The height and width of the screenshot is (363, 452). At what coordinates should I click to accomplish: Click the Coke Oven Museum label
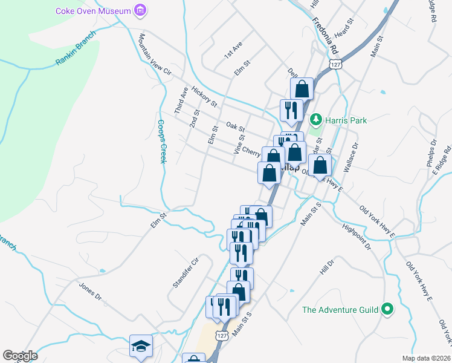click(x=93, y=11)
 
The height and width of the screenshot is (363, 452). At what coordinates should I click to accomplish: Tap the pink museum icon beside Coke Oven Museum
click(x=141, y=10)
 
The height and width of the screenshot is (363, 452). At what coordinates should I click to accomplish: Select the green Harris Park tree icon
click(x=315, y=120)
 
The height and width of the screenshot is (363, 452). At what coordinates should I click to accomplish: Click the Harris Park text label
click(x=346, y=120)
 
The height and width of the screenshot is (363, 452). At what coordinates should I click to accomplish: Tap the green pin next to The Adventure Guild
click(x=387, y=310)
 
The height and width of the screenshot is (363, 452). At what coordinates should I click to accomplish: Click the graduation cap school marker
click(x=141, y=346)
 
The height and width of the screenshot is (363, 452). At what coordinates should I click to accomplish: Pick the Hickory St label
click(x=204, y=97)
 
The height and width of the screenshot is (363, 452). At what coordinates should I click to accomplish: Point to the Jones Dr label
click(x=90, y=290)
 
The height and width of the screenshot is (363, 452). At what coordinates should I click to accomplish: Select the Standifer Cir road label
click(x=186, y=273)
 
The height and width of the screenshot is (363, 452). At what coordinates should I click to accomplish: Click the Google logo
click(x=20, y=355)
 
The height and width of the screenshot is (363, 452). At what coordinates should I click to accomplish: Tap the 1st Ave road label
click(x=233, y=50)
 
